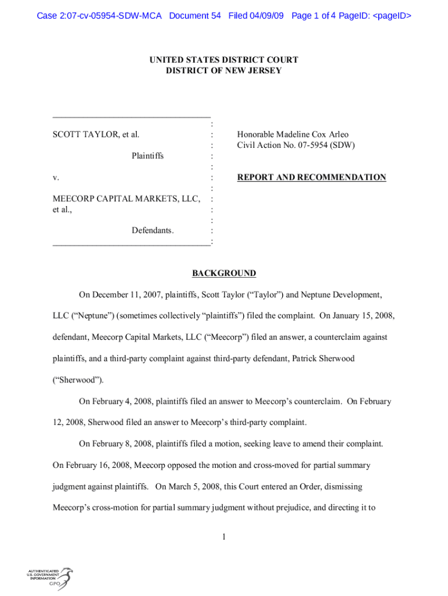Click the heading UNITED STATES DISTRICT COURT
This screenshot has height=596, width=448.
[x=224, y=60]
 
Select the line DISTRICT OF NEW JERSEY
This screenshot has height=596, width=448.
[x=224, y=71]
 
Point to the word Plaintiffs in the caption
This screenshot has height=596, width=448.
[x=147, y=156]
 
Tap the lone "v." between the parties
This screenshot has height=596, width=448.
[x=56, y=178]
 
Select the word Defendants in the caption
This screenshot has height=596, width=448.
[x=152, y=231]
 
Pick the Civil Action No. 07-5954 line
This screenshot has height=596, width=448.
[x=296, y=146]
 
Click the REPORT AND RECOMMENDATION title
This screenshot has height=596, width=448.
[x=311, y=178]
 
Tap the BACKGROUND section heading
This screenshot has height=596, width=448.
[x=224, y=274]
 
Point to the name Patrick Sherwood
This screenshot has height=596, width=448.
[x=326, y=359]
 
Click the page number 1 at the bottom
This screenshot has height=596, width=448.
[x=224, y=537]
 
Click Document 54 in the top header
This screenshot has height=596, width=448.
[x=195, y=16]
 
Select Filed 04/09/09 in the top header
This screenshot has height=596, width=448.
[x=256, y=16]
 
